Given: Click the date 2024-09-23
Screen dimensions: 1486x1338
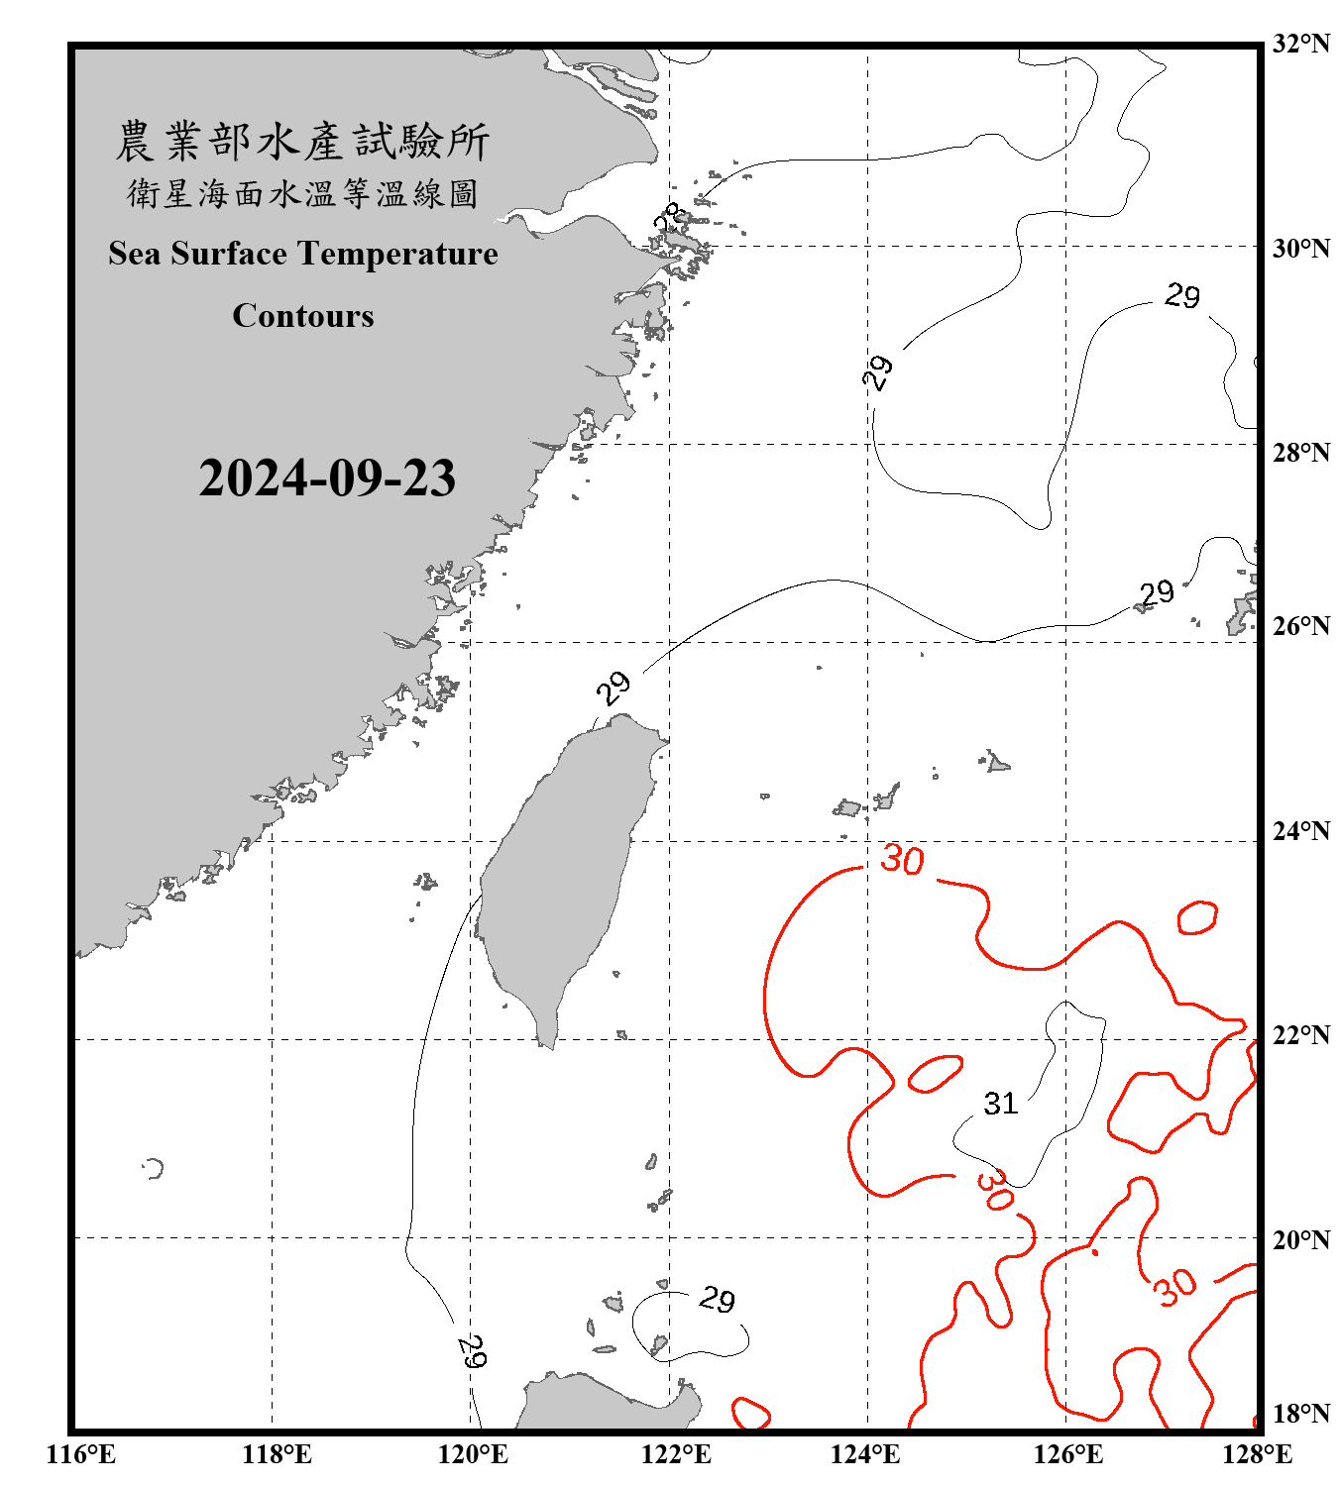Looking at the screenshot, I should click(x=327, y=478).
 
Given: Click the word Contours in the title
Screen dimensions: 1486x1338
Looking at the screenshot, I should click(x=303, y=316).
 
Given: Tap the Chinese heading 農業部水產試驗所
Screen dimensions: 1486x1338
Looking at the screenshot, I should click(x=302, y=142).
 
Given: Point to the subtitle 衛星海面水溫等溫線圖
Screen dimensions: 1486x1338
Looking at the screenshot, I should click(x=302, y=194).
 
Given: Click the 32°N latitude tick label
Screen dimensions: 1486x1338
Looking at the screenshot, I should click(x=1300, y=44).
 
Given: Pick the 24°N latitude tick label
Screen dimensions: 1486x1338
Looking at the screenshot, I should click(x=1300, y=831).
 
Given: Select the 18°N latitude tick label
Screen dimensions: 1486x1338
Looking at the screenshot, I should click(x=1300, y=1414).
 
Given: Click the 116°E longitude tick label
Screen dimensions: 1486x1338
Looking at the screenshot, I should click(x=81, y=1454).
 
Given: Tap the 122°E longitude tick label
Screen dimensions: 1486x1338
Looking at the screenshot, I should click(x=676, y=1454).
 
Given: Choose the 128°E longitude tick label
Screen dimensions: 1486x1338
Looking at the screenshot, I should click(x=1257, y=1454).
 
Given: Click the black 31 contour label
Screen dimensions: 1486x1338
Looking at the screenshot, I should click(x=1001, y=1104).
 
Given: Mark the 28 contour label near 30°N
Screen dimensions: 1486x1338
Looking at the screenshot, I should click(x=668, y=217).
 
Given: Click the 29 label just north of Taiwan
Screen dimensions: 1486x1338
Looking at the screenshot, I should click(x=613, y=687).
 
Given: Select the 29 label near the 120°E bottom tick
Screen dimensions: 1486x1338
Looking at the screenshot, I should click(x=473, y=1351).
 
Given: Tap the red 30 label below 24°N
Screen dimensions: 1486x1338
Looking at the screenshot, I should click(x=902, y=859).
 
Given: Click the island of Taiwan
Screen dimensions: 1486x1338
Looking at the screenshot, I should click(x=560, y=872).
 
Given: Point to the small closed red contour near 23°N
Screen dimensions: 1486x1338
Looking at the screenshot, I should click(x=1197, y=917).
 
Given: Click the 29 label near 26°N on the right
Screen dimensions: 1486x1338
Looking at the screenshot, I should click(x=1156, y=593).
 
